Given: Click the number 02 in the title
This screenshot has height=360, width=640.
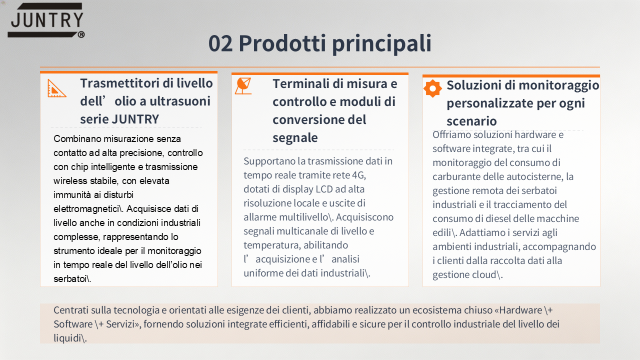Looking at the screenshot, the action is tap(220, 43).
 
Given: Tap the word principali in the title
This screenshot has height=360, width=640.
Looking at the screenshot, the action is tap(381, 44).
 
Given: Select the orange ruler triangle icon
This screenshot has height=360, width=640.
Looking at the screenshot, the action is tap(57, 88).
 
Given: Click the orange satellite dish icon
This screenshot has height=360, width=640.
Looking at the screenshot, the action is tap(243, 86).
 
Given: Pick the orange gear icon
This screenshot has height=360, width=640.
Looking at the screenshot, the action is tap(432, 88).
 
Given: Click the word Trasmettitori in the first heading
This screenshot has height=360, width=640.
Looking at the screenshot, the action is tap(119, 83).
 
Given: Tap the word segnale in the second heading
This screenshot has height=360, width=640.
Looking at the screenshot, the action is tap(295, 138).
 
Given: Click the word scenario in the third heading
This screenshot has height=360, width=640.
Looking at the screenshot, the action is tap(471, 121).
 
